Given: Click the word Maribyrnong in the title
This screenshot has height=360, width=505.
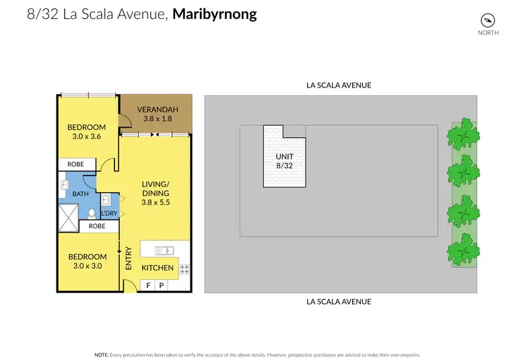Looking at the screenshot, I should (215, 14).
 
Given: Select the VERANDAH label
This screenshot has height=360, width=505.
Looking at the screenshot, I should (157, 110).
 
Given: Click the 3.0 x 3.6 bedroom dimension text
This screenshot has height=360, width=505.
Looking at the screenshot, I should (86, 137).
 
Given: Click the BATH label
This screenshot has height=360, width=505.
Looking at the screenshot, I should (80, 193).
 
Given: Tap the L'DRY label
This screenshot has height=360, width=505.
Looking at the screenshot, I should (109, 214).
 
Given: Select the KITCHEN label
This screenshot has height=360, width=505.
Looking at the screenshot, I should (158, 268).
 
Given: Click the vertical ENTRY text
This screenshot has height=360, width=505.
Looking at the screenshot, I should (129, 259).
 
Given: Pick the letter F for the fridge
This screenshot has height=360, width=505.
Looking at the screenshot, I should (148, 286).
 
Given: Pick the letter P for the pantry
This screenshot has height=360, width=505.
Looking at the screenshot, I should (161, 286).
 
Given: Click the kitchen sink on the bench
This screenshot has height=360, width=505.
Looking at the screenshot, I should (164, 251).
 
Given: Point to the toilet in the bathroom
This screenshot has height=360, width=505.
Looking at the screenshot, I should (91, 214).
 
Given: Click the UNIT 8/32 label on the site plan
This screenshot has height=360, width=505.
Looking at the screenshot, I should (284, 161).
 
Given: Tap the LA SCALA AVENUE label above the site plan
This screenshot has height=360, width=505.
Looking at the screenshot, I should (339, 85).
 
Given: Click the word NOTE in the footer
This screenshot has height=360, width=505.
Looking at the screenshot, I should (102, 354).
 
